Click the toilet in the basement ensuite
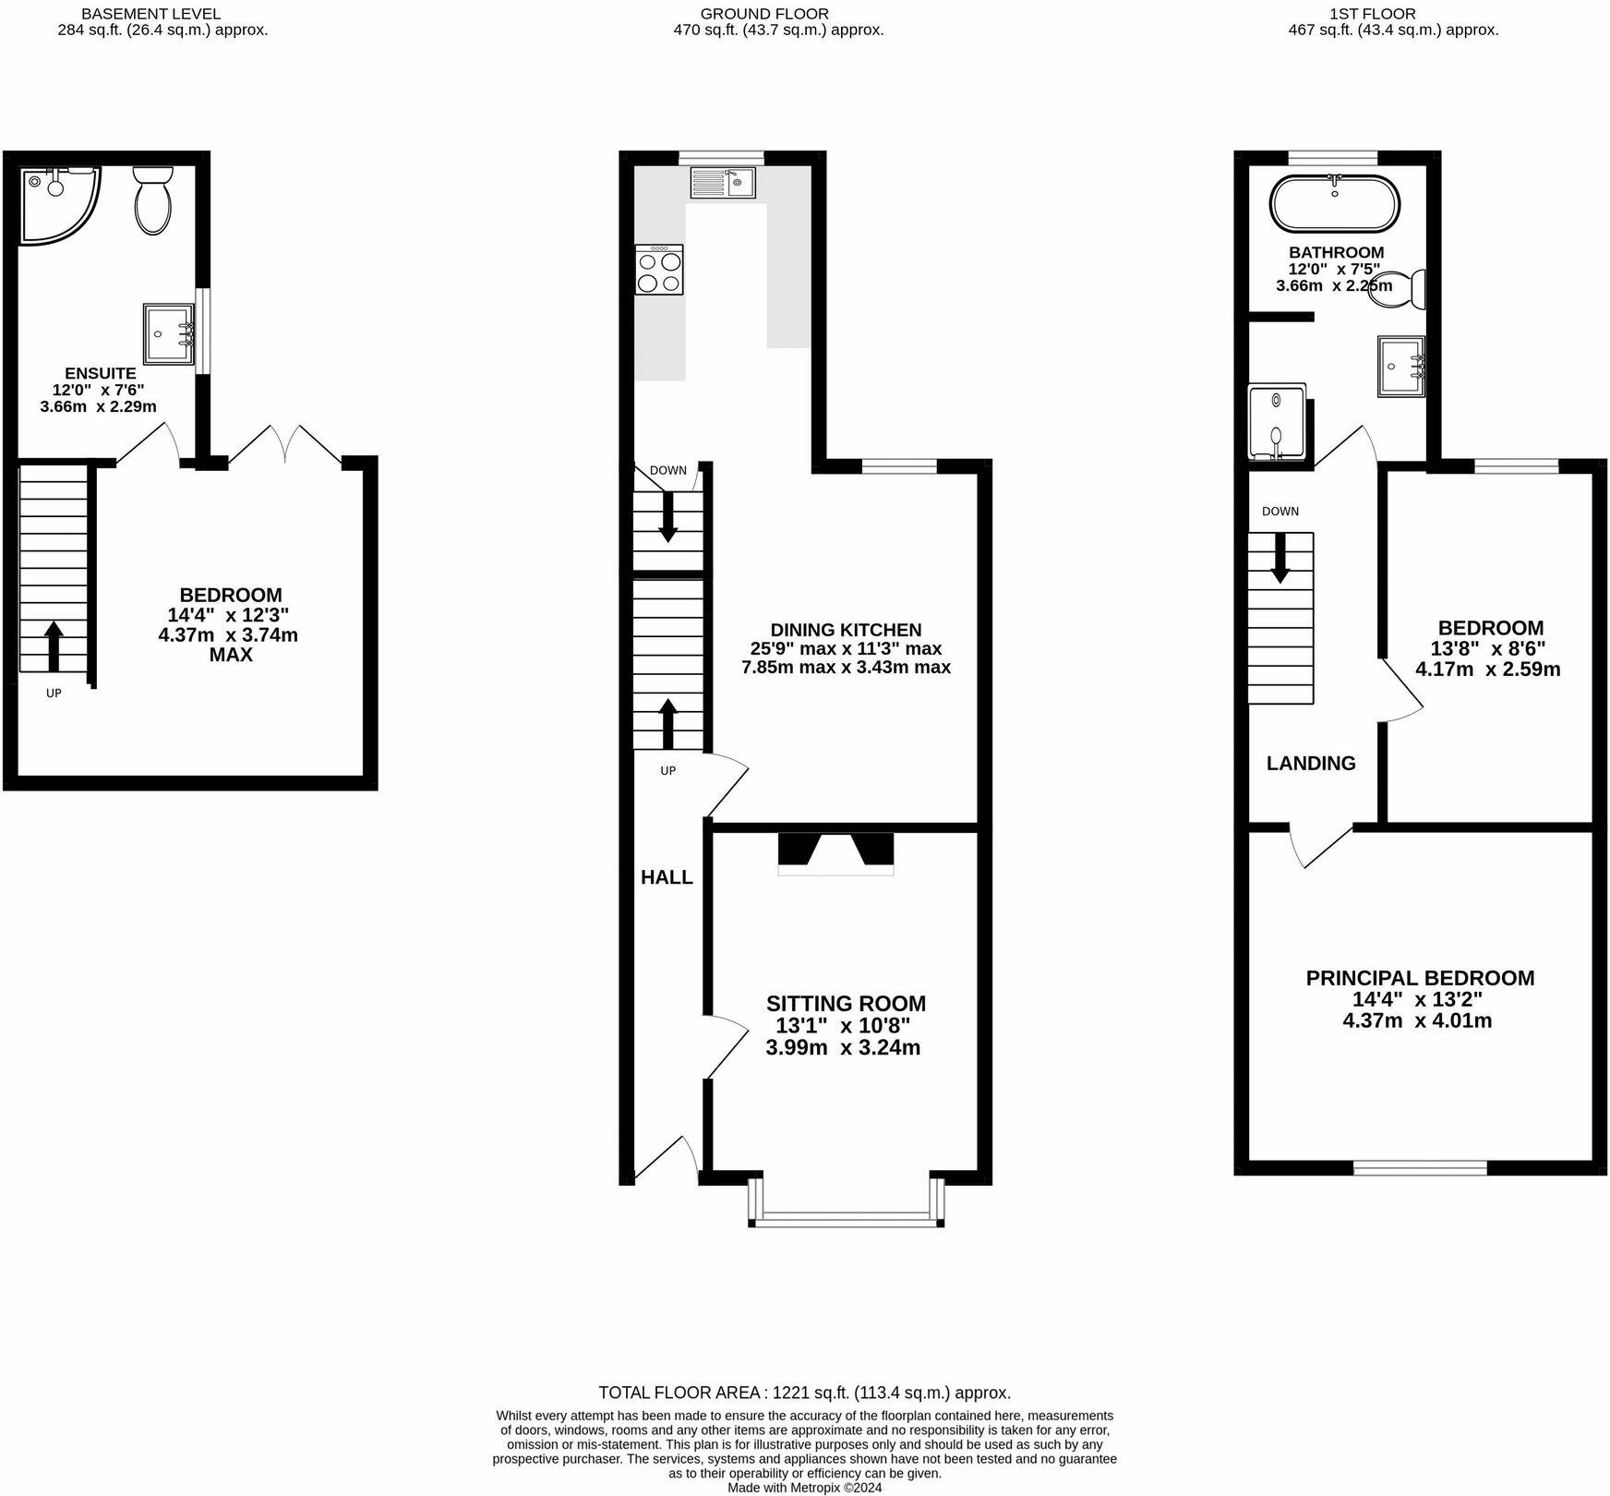tap(153, 200)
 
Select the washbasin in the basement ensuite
tap(169, 333)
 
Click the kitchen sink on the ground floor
tap(723, 182)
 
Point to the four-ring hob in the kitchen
tap(659, 270)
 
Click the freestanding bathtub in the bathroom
tap(1335, 204)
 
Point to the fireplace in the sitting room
tap(836, 854)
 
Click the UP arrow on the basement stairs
tap(54, 645)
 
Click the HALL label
tap(667, 877)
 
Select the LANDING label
tap(1311, 763)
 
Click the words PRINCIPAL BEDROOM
tap(1420, 978)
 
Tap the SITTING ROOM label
tap(846, 1004)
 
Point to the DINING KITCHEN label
tap(846, 630)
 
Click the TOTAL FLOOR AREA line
tap(805, 1393)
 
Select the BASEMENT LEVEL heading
tap(151, 14)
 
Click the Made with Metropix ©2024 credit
tap(805, 1488)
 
